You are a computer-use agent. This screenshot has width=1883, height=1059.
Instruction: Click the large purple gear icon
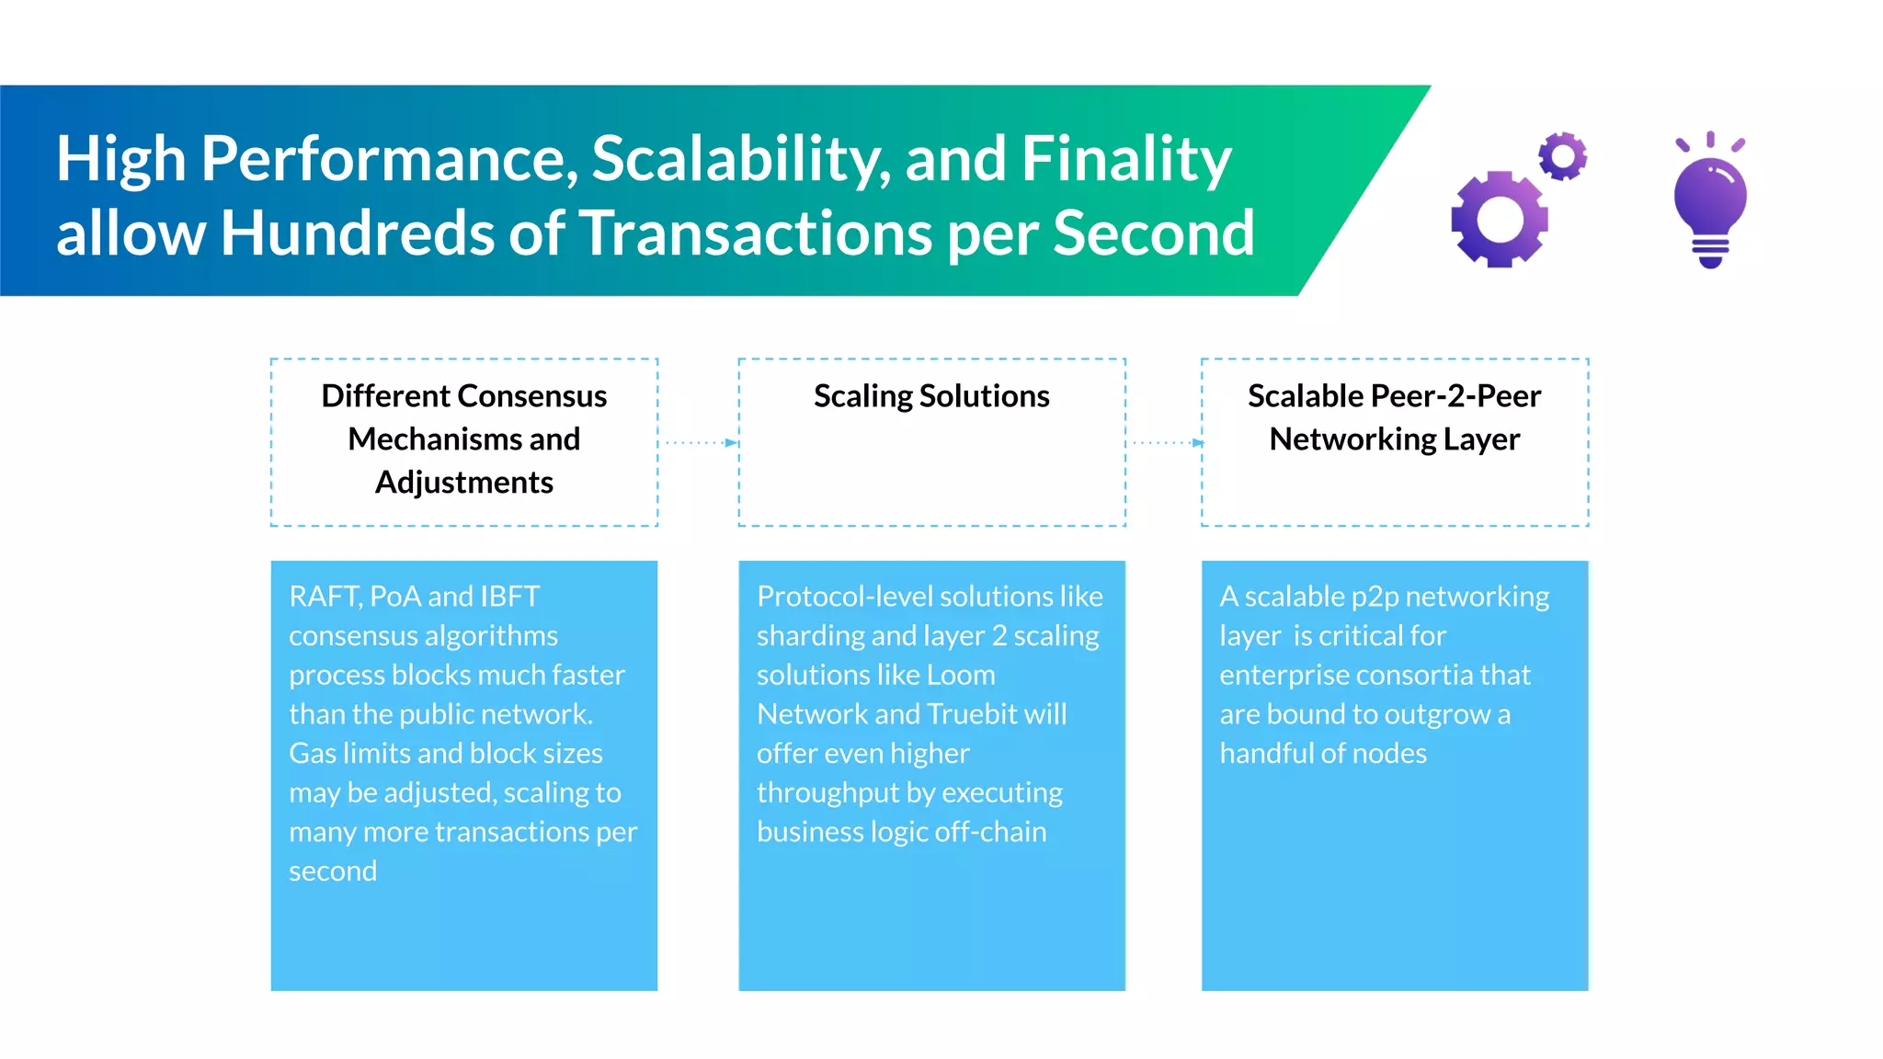point(1499,220)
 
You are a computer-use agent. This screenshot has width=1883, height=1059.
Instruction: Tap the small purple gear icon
point(1563,156)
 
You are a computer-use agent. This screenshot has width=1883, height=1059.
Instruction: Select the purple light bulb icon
point(1710,202)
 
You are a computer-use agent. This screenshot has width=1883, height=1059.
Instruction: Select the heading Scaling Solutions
point(931,396)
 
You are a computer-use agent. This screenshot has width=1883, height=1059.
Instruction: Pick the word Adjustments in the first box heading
point(464,483)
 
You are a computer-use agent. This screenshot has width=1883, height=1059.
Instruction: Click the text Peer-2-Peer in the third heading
point(1455,396)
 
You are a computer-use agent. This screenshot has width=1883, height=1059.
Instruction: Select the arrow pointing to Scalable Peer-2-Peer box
point(1166,443)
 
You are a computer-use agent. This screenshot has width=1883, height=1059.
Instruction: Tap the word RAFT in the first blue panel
point(324,597)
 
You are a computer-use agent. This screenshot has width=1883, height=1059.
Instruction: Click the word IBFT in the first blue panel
point(509,597)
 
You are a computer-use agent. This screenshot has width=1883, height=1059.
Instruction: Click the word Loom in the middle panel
point(961,676)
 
